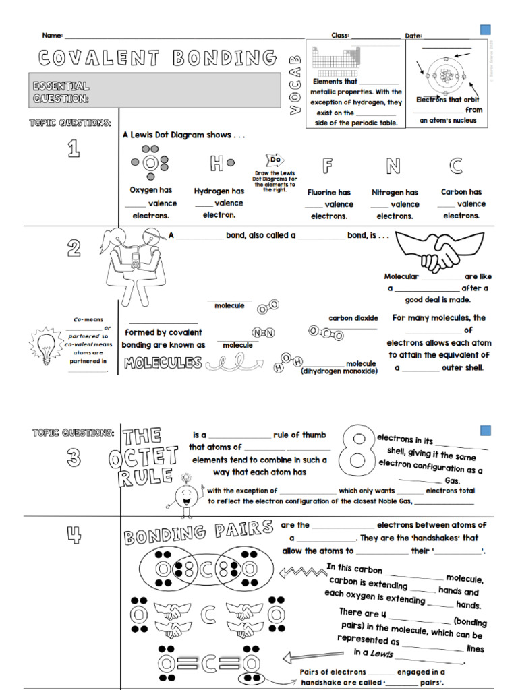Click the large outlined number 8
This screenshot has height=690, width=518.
[x=356, y=456]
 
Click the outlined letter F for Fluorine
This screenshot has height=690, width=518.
[x=328, y=166]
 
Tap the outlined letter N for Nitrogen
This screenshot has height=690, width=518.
[x=393, y=166]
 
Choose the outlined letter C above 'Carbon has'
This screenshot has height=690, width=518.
[x=456, y=166]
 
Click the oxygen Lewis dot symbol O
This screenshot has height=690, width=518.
[x=150, y=163]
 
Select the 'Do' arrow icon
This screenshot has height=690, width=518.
[x=275, y=160]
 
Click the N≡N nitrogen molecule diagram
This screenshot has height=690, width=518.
[x=264, y=333]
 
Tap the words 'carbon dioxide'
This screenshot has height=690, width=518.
[x=353, y=318]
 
